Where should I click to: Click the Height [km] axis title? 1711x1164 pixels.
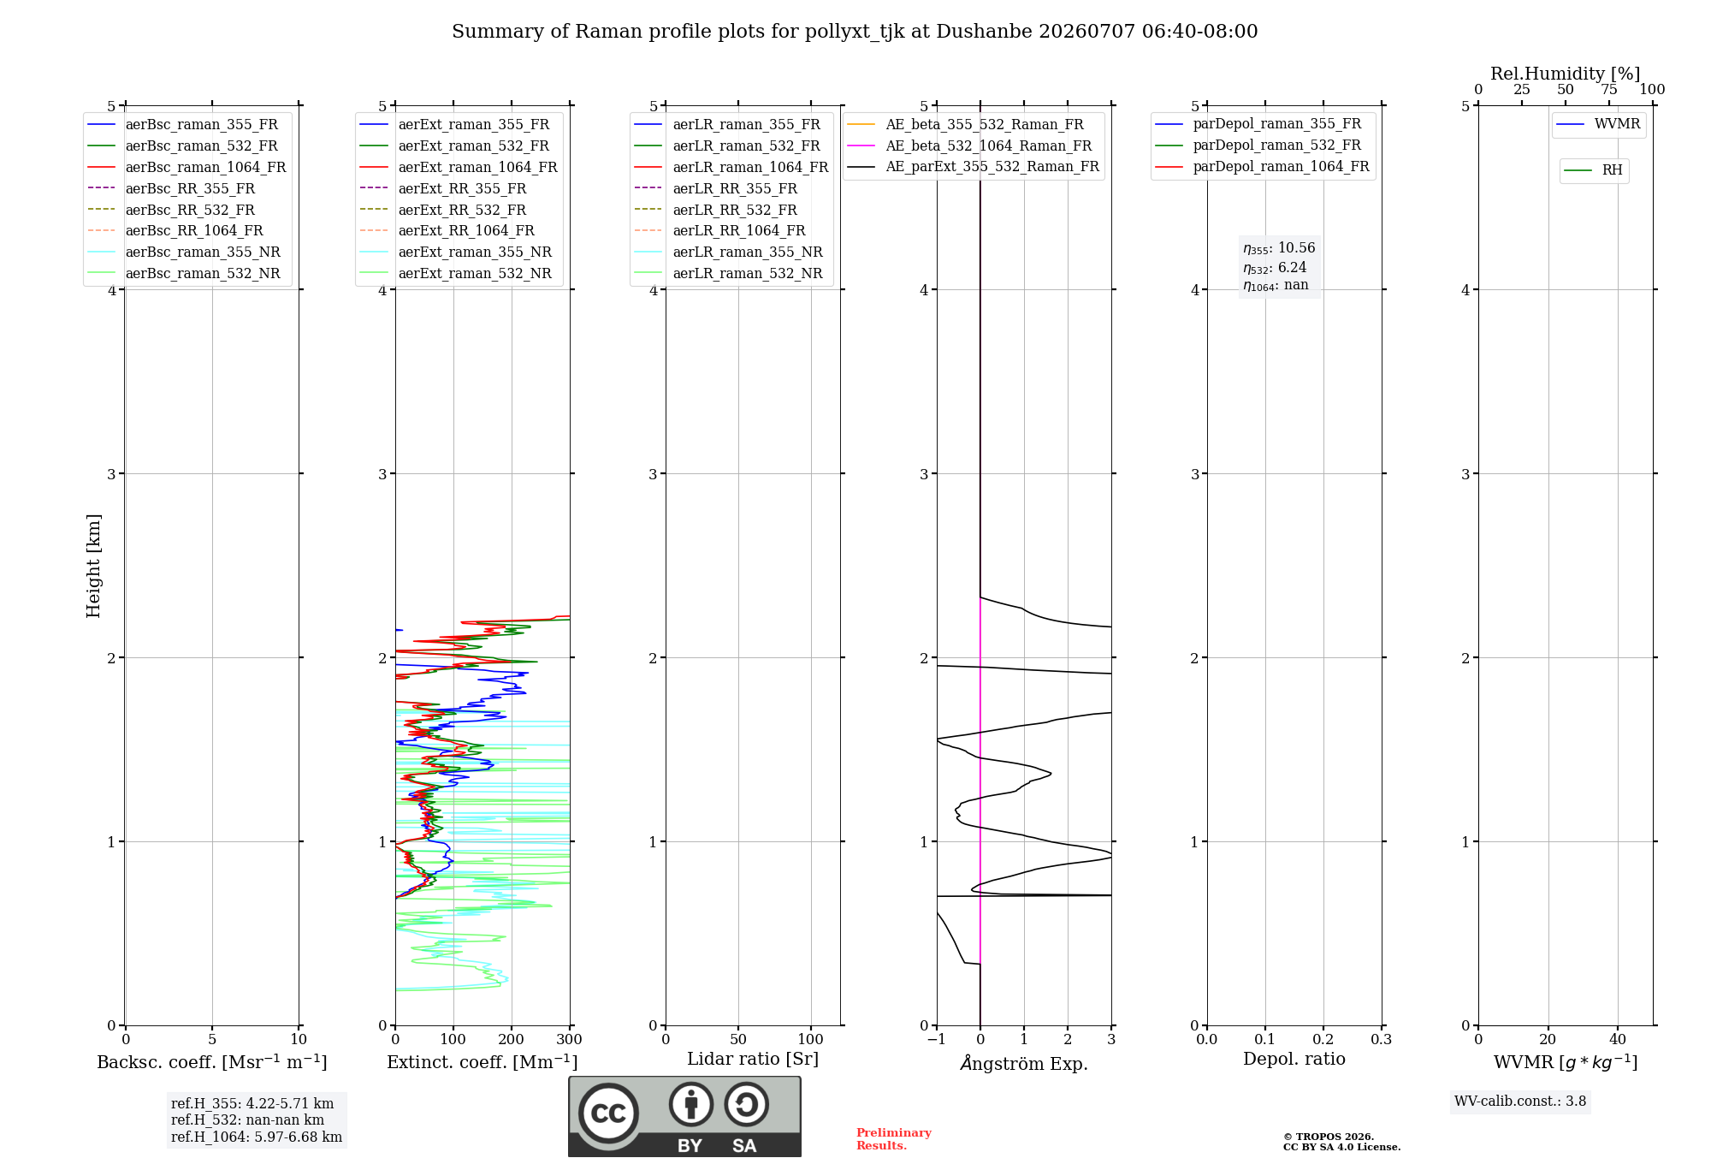click(x=93, y=566)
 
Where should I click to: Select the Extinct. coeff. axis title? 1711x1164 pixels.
click(x=483, y=1062)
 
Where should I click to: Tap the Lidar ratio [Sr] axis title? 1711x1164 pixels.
click(x=753, y=1059)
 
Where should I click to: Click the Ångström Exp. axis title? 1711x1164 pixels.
click(x=1024, y=1063)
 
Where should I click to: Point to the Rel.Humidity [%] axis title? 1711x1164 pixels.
click(x=1566, y=74)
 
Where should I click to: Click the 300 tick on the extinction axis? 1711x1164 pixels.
click(x=570, y=1039)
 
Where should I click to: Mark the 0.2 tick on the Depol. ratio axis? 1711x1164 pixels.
click(x=1323, y=1039)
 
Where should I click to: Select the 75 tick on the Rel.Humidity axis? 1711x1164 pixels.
click(x=1609, y=89)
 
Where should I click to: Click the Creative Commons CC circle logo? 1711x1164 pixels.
click(x=608, y=1113)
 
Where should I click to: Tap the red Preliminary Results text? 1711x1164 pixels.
click(x=894, y=1139)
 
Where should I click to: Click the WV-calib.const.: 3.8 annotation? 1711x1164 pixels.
click(x=1520, y=1102)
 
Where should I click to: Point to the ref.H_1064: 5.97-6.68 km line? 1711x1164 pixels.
click(x=257, y=1137)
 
